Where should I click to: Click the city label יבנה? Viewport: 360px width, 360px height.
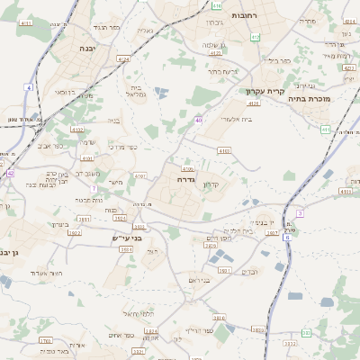click(87, 48)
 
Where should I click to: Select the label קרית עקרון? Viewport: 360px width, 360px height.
click(265, 91)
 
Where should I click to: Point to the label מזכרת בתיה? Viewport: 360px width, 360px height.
click(312, 98)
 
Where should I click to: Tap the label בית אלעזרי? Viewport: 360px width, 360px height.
click(237, 119)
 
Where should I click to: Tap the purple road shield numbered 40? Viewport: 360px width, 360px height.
click(198, 119)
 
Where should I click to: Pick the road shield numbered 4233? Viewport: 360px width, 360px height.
click(188, 168)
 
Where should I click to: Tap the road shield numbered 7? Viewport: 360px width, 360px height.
click(94, 188)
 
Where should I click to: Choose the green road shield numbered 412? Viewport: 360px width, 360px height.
click(255, 37)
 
